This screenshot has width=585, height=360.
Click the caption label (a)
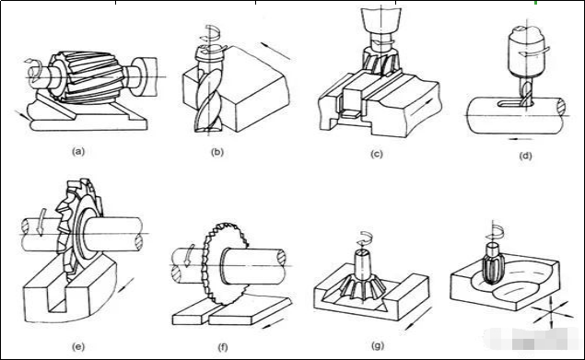click(78, 151)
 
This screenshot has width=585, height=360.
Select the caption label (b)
click(217, 152)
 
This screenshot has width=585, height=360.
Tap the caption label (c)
click(377, 154)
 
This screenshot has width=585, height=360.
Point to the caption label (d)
click(525, 156)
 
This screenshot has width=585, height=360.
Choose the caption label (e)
click(78, 346)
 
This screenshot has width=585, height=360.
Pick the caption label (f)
click(222, 347)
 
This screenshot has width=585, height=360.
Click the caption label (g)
click(378, 345)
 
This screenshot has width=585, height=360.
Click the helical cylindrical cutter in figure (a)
click(87, 76)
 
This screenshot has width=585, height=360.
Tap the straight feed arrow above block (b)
click(275, 52)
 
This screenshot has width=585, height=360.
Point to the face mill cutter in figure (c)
click(381, 61)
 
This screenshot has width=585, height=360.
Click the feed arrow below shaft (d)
click(521, 139)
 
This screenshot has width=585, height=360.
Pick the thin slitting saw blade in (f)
click(224, 263)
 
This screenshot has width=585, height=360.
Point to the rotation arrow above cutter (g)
click(365, 238)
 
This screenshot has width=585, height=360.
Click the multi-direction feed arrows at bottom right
click(552, 312)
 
